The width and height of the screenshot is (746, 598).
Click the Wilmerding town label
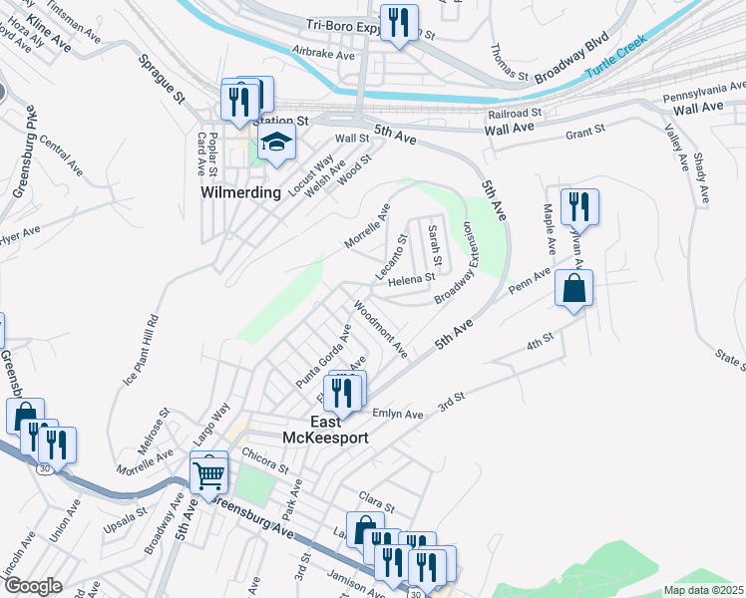click(240, 192)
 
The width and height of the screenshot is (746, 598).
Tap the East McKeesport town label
click(339, 430)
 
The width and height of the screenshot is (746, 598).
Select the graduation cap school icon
click(277, 143)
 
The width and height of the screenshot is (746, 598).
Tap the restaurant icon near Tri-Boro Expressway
click(399, 22)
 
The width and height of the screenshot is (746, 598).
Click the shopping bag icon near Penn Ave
click(575, 289)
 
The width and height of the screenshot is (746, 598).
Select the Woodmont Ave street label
click(381, 330)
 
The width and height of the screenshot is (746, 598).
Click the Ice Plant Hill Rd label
click(141, 351)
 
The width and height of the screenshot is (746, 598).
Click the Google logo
click(32, 586)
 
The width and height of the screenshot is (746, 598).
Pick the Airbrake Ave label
click(323, 54)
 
